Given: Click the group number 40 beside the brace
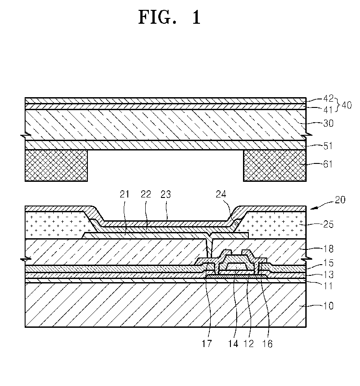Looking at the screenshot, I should [347, 105].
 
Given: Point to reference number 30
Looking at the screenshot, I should [328, 122].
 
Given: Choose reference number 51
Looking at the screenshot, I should [328, 146].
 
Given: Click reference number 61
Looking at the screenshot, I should [328, 164].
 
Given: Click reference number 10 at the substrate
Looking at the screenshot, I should [328, 305].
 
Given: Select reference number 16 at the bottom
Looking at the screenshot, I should [267, 344].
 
